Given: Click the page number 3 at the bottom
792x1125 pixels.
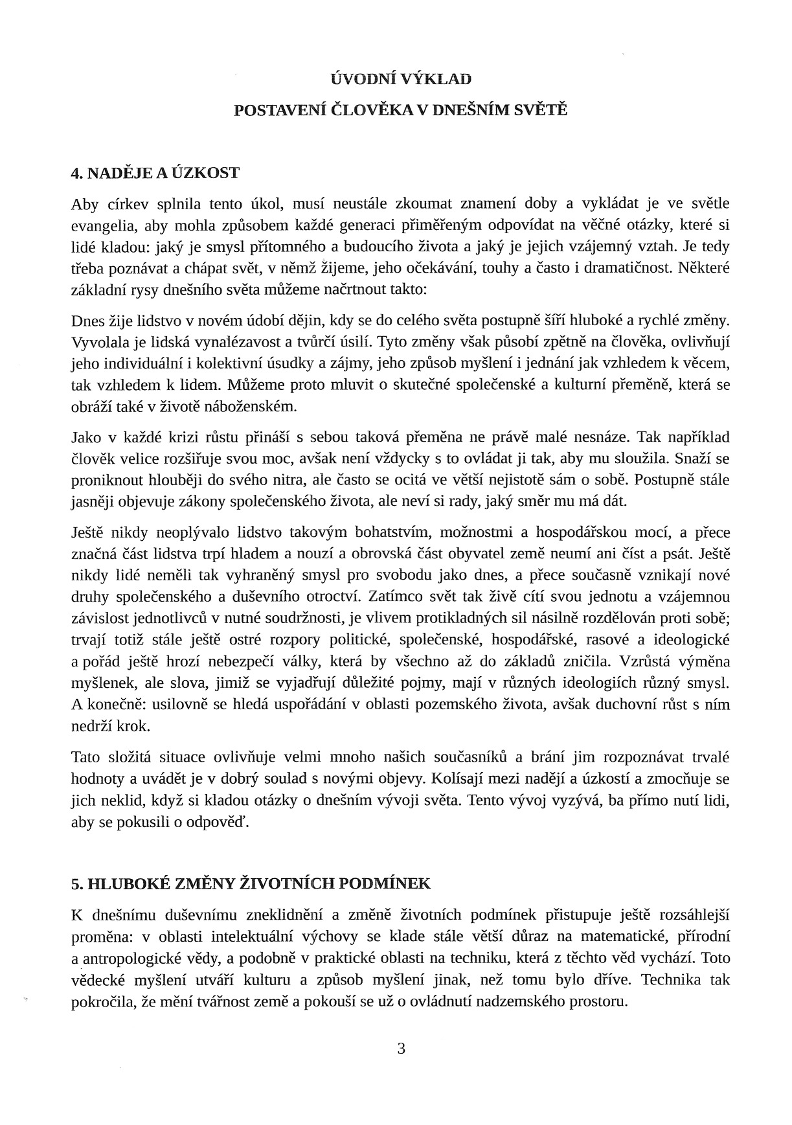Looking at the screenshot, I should click(401, 1048).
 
